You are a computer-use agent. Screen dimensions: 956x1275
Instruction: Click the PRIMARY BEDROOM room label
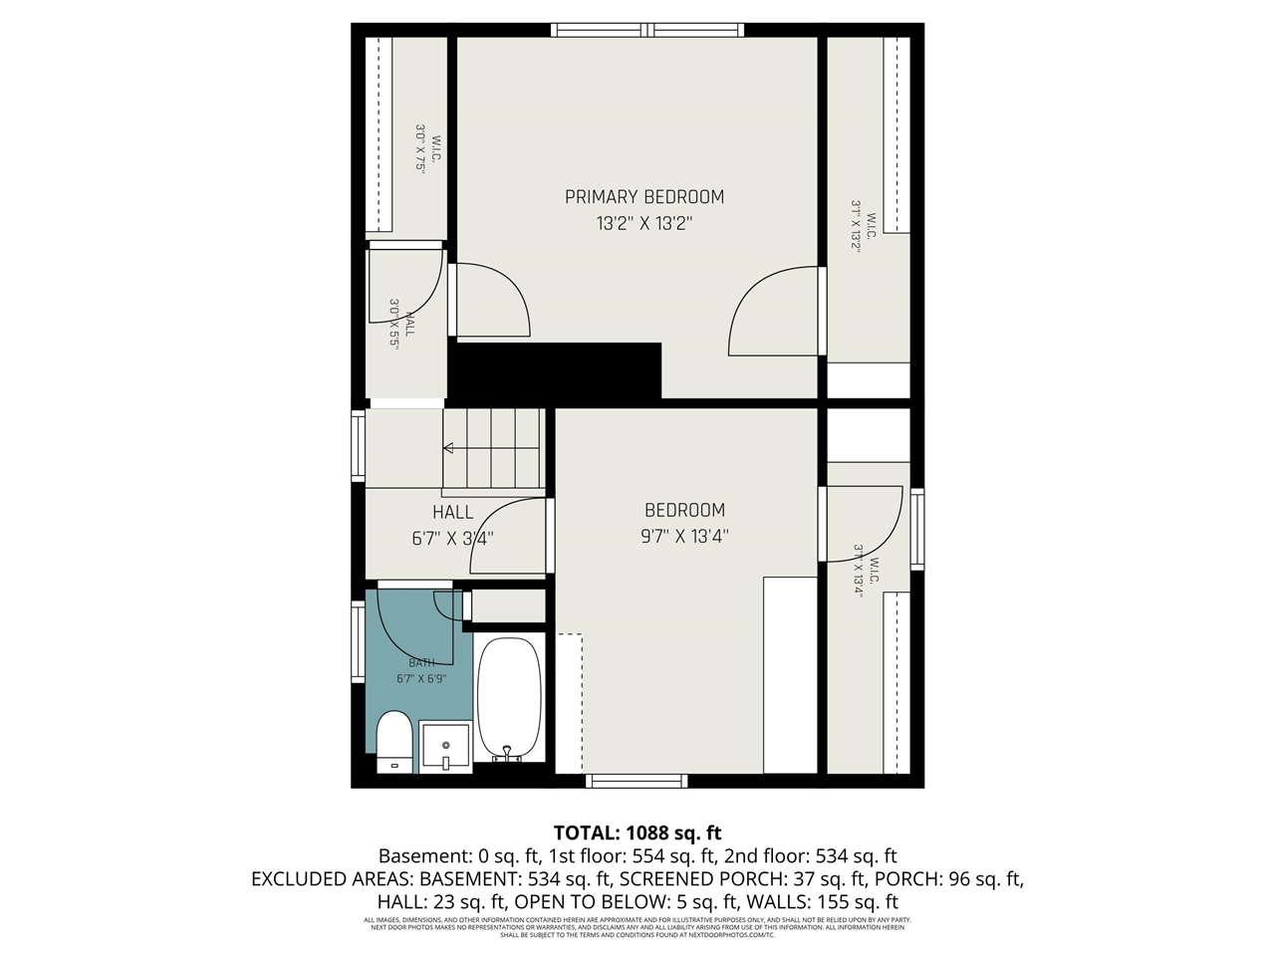coord(643,196)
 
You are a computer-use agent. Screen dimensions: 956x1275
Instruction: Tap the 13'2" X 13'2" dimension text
coord(643,224)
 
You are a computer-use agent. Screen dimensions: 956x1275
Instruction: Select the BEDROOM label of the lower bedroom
coord(684,510)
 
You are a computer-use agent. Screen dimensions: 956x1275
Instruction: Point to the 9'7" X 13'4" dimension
coord(684,537)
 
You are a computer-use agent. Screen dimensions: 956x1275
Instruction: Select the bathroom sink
coord(444,746)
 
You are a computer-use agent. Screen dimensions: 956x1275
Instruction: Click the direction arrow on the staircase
coord(449,448)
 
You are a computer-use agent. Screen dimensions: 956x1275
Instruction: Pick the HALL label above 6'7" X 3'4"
coord(452,512)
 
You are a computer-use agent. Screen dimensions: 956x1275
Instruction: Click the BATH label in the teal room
coord(421,662)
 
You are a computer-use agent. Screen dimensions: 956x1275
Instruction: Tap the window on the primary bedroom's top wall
coord(647,30)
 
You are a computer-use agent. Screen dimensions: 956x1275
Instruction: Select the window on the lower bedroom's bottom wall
coord(637,781)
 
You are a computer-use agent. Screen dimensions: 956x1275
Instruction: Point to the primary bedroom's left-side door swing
coord(491,299)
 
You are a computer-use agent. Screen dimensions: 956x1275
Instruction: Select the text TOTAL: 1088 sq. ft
coord(637,833)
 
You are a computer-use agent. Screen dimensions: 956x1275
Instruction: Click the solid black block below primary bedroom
coord(557,370)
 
